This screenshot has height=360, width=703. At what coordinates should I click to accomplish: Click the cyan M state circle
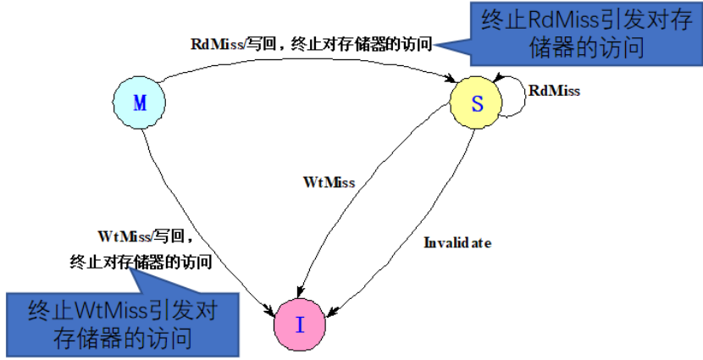point(140,103)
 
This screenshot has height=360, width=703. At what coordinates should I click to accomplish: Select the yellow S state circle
point(477,103)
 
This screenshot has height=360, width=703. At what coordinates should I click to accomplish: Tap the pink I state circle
point(299,324)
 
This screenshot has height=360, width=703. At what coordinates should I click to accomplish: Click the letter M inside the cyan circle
point(140,103)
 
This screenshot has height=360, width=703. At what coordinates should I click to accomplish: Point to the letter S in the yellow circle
point(477,103)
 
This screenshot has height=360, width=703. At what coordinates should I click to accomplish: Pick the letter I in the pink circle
point(299,324)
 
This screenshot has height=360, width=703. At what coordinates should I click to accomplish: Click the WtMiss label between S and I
point(329,181)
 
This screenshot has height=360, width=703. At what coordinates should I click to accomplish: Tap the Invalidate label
point(457,243)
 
